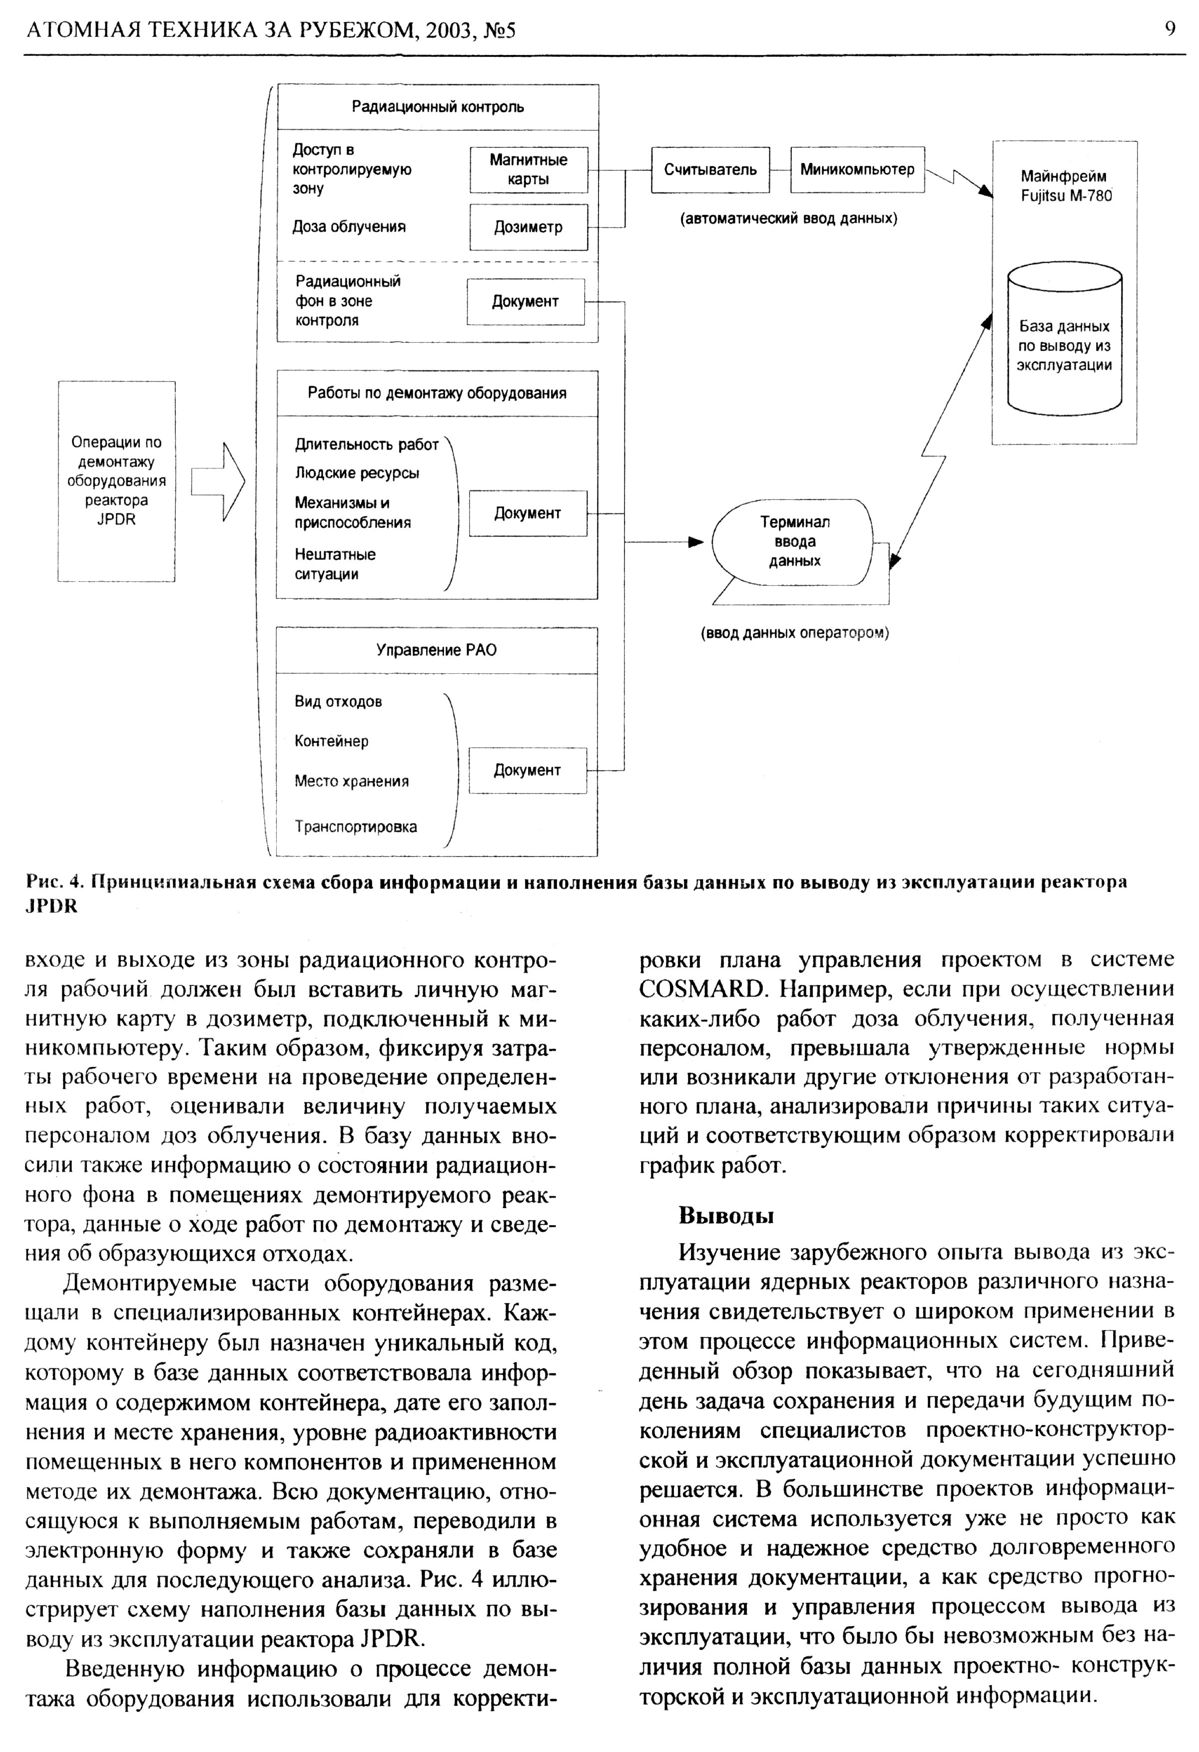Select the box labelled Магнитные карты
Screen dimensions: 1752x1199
528,170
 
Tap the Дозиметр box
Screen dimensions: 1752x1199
528,227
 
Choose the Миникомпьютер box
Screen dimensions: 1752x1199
857,170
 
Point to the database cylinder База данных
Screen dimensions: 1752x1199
1064,339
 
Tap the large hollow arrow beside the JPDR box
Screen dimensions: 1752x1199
219,482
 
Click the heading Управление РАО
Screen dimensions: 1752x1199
437,650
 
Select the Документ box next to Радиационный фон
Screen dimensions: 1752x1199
526,302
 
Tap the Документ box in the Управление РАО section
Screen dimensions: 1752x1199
527,771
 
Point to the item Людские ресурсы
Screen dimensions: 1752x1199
357,473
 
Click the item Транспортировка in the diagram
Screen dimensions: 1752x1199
355,827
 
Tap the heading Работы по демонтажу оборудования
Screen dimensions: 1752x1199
437,394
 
